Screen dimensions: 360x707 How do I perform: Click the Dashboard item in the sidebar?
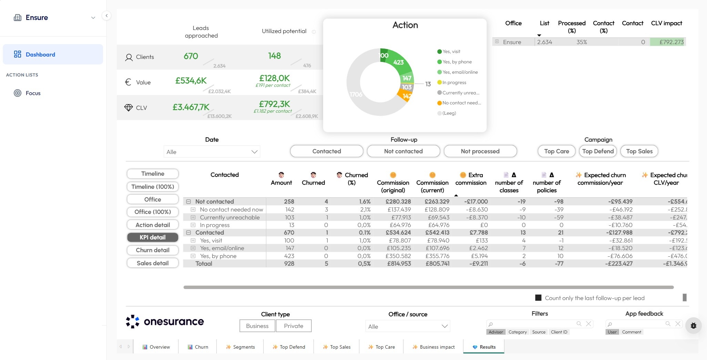(40, 54)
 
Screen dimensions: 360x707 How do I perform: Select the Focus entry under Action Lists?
(33, 93)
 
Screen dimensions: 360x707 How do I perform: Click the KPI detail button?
(153, 237)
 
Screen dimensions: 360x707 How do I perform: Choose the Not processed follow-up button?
(480, 151)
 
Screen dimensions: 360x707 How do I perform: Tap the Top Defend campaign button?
(598, 151)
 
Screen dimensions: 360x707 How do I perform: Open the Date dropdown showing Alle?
(212, 152)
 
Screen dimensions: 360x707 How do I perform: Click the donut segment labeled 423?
(399, 63)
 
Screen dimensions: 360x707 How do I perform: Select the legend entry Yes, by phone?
(457, 62)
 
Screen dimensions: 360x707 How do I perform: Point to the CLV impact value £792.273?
(671, 42)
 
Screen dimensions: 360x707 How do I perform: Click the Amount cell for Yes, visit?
(289, 240)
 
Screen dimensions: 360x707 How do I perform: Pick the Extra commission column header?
(471, 179)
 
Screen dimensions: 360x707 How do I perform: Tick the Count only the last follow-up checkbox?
(538, 298)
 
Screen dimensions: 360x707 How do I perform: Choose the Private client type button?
(294, 326)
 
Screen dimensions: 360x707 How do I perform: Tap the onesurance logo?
(165, 321)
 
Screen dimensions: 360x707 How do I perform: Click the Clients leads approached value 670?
(191, 56)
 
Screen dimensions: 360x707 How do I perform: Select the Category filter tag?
(518, 332)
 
